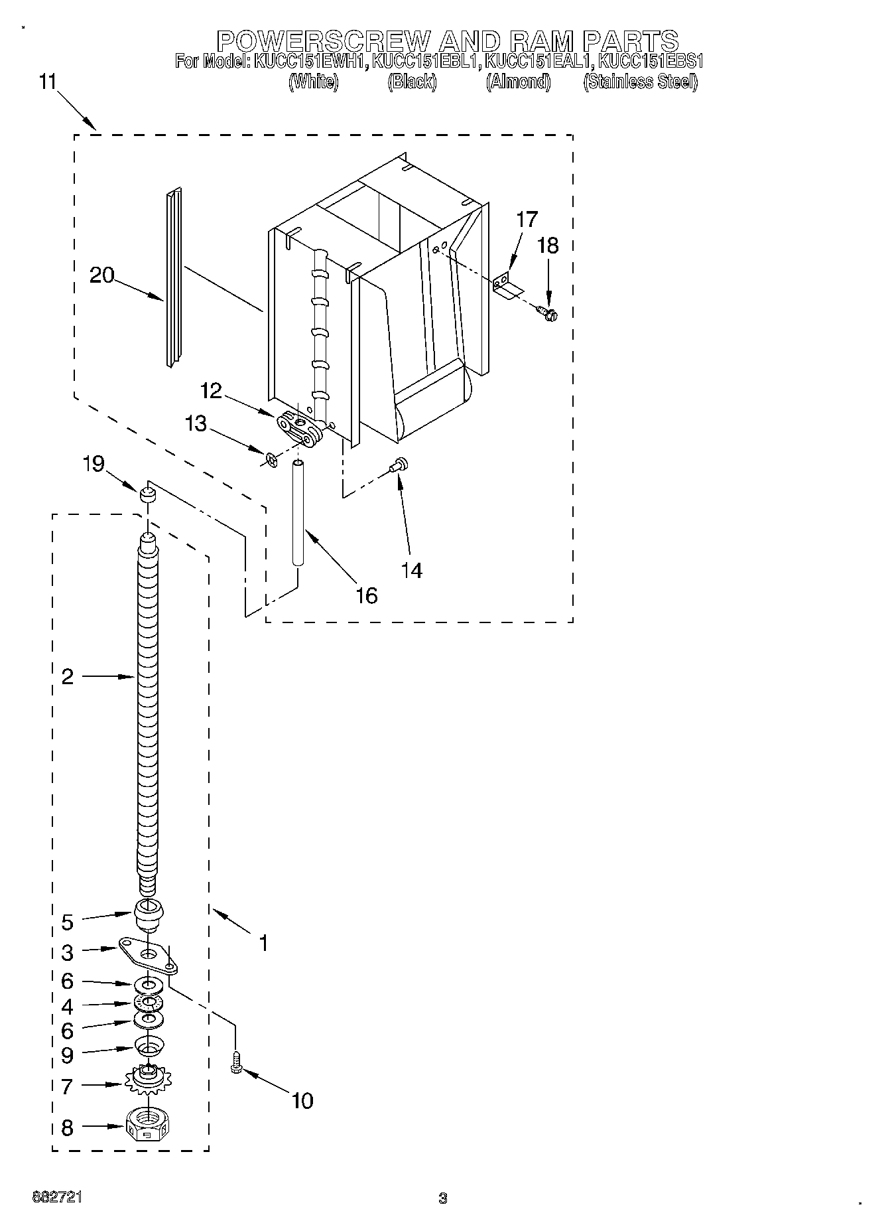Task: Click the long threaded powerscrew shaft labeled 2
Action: click(148, 710)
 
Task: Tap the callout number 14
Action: click(412, 570)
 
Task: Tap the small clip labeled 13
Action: click(269, 458)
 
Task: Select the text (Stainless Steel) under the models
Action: click(640, 82)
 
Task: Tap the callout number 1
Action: click(263, 942)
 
